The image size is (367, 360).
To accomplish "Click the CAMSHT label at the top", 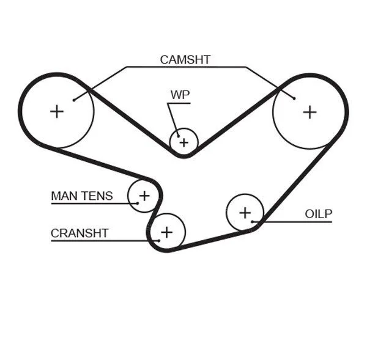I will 185,59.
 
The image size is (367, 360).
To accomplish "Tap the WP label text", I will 179,95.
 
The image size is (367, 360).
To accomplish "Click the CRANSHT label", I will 80,233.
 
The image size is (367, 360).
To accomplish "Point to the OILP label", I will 318,213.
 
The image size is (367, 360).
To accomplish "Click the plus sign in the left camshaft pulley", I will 57,111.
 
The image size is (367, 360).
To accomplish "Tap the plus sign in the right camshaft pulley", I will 310,111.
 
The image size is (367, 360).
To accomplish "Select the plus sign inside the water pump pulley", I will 184,142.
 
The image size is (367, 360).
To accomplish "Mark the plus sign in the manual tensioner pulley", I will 144,196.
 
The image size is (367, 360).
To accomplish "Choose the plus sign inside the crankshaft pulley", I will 166,232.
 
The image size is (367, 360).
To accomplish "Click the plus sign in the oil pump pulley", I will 245,213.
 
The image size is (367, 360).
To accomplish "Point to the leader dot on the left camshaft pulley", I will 73,99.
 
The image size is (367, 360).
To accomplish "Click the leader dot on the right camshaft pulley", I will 294,98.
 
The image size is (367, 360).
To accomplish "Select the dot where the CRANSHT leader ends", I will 159,240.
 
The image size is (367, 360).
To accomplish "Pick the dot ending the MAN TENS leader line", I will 138,203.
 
